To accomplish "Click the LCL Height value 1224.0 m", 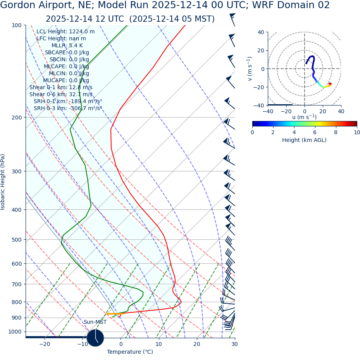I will coord(82,32).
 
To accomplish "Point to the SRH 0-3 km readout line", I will coord(67,108).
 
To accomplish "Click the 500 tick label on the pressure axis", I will coord(17,240).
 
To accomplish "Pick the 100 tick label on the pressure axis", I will coord(17,25).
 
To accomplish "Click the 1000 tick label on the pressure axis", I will coord(15,332).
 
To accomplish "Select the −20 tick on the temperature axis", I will coord(45,344).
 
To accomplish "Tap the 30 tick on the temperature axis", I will coord(234,344).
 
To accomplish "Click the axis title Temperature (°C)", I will coord(130,352).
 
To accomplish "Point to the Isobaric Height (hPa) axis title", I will coord(3,182).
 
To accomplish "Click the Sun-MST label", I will coord(95,322).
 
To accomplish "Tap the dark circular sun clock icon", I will coord(95,338).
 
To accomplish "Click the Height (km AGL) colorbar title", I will coord(304,140).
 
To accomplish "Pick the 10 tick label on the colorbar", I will coord(357,132).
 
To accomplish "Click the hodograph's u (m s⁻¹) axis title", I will coord(304,117).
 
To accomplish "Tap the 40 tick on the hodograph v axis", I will coord(260,32).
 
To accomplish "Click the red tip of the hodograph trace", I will coord(330,83).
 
